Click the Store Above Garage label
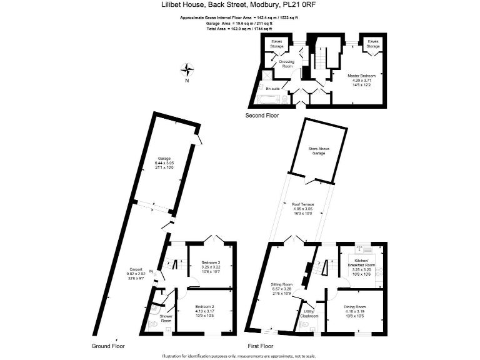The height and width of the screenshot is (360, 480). coord(317,151)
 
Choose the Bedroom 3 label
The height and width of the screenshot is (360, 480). coord(211,262)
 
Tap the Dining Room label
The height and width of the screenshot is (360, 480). coord(354,307)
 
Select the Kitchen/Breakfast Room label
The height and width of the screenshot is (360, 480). coord(361,261)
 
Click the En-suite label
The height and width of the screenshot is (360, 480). coord(272,89)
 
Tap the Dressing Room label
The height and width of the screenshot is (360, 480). coord(287,63)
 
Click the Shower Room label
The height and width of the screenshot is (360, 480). coord(166,318)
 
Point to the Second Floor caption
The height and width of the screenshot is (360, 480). coord(263,116)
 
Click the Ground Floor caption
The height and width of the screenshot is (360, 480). coord(109,346)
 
